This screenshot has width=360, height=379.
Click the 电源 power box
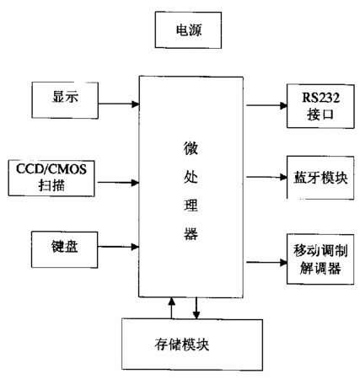(188, 29)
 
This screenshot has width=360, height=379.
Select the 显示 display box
(65, 100)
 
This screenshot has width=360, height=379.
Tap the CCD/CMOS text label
(51, 169)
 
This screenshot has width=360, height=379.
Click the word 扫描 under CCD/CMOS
(51, 185)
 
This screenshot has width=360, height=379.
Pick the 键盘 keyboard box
(65, 249)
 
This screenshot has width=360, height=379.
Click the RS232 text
(320, 98)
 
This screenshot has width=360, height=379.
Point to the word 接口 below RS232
(320, 115)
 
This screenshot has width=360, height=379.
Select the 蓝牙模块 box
(320, 178)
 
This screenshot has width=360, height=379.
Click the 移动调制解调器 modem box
(320, 259)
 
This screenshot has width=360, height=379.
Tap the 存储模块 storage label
(182, 344)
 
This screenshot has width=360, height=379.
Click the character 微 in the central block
(191, 148)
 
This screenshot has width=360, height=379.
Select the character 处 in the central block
(191, 177)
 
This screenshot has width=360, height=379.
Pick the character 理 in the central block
(191, 206)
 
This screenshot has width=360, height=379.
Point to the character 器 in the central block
(191, 233)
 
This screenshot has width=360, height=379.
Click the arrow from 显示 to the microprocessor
(119, 104)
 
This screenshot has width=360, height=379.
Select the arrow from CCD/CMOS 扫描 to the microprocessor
(118, 183)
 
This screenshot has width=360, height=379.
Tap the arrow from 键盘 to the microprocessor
(118, 247)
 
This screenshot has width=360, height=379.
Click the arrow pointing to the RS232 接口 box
(266, 105)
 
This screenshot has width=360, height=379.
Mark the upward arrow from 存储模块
(171, 308)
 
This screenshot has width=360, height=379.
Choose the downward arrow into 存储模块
(196, 308)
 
